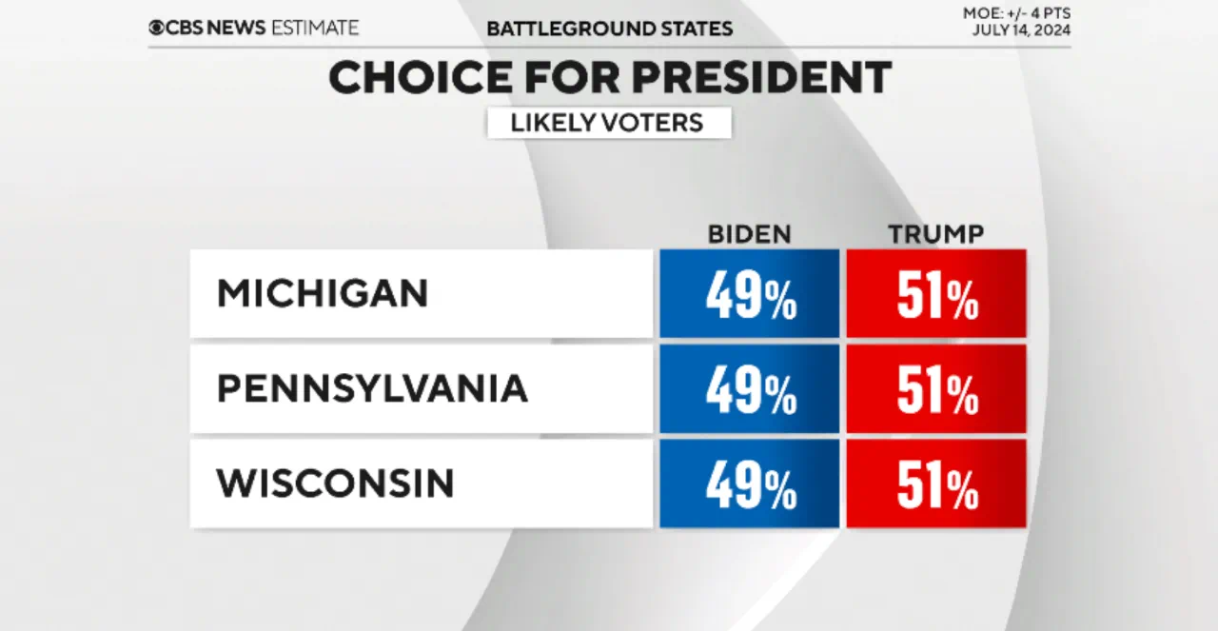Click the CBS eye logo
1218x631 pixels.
[156, 28]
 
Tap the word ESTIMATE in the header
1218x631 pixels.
[314, 28]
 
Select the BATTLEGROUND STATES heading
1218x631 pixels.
[609, 29]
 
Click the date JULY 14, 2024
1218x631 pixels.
[1021, 30]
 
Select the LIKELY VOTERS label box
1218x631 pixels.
[609, 123]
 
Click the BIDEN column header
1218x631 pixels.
[749, 234]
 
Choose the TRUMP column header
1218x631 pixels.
[935, 234]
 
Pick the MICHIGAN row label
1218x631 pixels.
[324, 293]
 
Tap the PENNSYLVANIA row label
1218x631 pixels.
[372, 388]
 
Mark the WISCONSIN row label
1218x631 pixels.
[335, 483]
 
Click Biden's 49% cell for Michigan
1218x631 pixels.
[750, 294]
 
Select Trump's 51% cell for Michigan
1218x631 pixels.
[936, 294]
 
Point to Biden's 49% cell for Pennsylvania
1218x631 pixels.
[750, 389]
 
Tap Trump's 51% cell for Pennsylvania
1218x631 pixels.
[936, 389]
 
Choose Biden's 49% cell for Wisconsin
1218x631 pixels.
[750, 483]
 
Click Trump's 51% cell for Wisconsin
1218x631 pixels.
[936, 483]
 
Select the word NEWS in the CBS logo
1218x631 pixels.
[236, 28]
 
